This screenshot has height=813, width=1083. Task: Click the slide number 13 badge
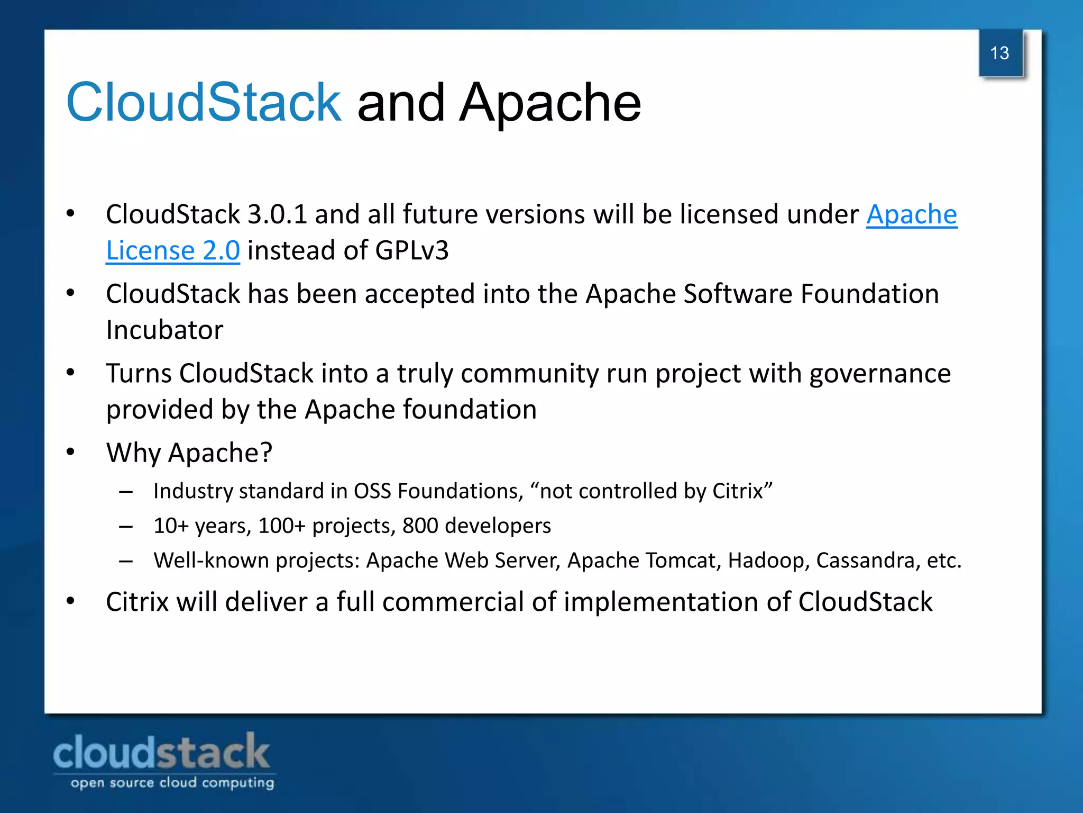1000,53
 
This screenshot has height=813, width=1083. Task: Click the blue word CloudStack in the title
204,102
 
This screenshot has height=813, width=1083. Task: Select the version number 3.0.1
277,215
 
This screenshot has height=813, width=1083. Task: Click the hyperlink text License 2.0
173,250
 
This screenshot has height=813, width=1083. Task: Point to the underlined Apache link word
911,215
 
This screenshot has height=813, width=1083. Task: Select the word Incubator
164,330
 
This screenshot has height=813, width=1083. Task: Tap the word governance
880,374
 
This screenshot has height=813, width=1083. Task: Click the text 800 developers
476,526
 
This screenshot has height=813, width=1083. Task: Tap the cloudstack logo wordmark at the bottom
161,752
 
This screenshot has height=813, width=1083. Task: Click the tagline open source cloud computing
172,783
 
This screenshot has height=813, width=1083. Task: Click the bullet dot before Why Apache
70,453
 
